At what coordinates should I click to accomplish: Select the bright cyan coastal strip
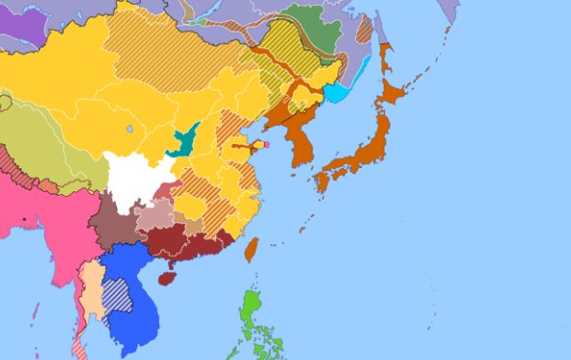coord(337,94)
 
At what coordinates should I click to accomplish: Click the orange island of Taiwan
coord(251,250)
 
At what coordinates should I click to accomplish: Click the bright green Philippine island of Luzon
coord(252,307)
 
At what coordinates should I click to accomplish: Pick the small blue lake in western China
coord(129,128)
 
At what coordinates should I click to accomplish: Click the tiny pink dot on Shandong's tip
coord(266,146)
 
